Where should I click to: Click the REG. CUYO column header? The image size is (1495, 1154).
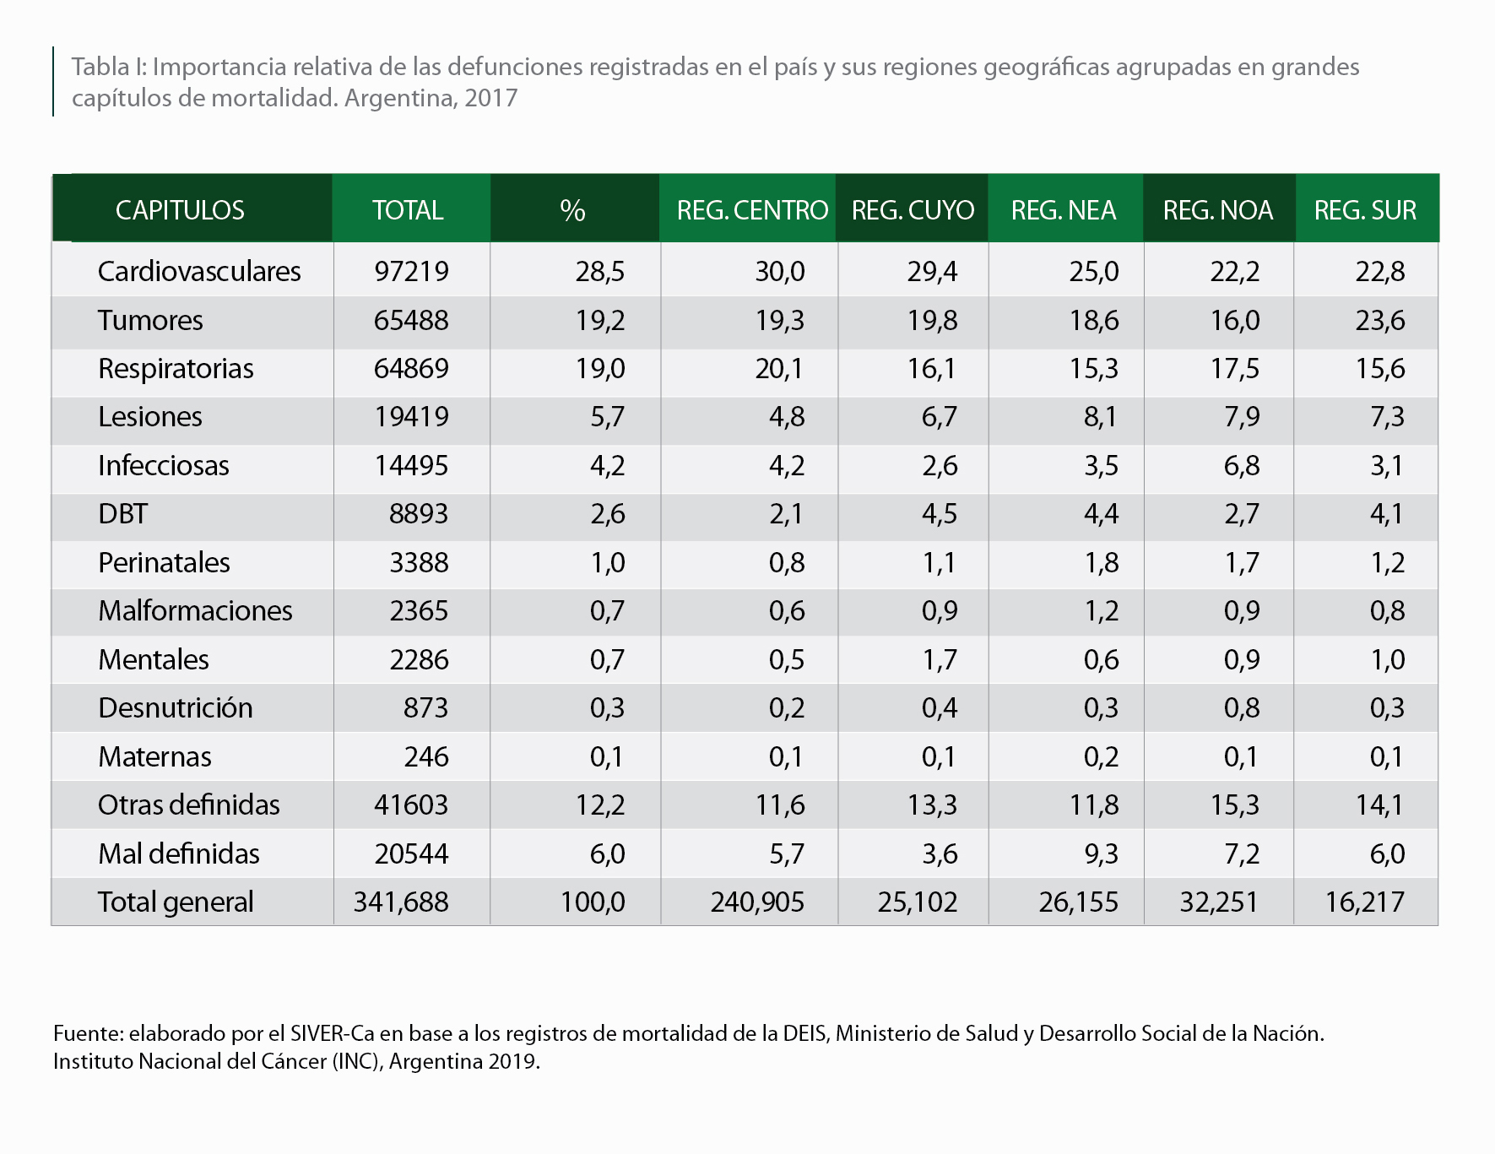click(x=913, y=209)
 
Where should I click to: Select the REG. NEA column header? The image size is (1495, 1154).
click(x=1064, y=209)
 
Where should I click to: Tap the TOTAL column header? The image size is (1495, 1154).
click(x=409, y=209)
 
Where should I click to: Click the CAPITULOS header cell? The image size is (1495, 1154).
click(x=180, y=209)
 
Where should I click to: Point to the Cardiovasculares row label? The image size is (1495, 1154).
click(x=199, y=271)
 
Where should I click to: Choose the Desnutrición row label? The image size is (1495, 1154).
click(x=176, y=707)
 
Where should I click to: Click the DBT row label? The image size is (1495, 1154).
click(x=123, y=513)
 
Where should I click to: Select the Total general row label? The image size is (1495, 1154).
click(x=176, y=902)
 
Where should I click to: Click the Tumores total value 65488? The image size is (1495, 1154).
click(x=411, y=320)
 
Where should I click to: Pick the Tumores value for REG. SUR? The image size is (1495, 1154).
click(x=1380, y=320)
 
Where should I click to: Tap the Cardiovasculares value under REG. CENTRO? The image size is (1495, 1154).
click(x=780, y=271)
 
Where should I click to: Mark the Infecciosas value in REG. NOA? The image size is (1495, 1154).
click(x=1242, y=465)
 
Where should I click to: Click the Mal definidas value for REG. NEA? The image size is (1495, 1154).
click(x=1101, y=853)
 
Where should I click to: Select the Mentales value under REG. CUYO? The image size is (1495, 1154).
click(x=940, y=659)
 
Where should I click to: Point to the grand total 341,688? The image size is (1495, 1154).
click(x=401, y=902)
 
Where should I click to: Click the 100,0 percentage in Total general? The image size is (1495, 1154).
click(x=593, y=902)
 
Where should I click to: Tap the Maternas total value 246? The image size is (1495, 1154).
click(x=426, y=756)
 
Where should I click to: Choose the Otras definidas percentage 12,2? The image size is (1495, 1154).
click(x=600, y=805)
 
